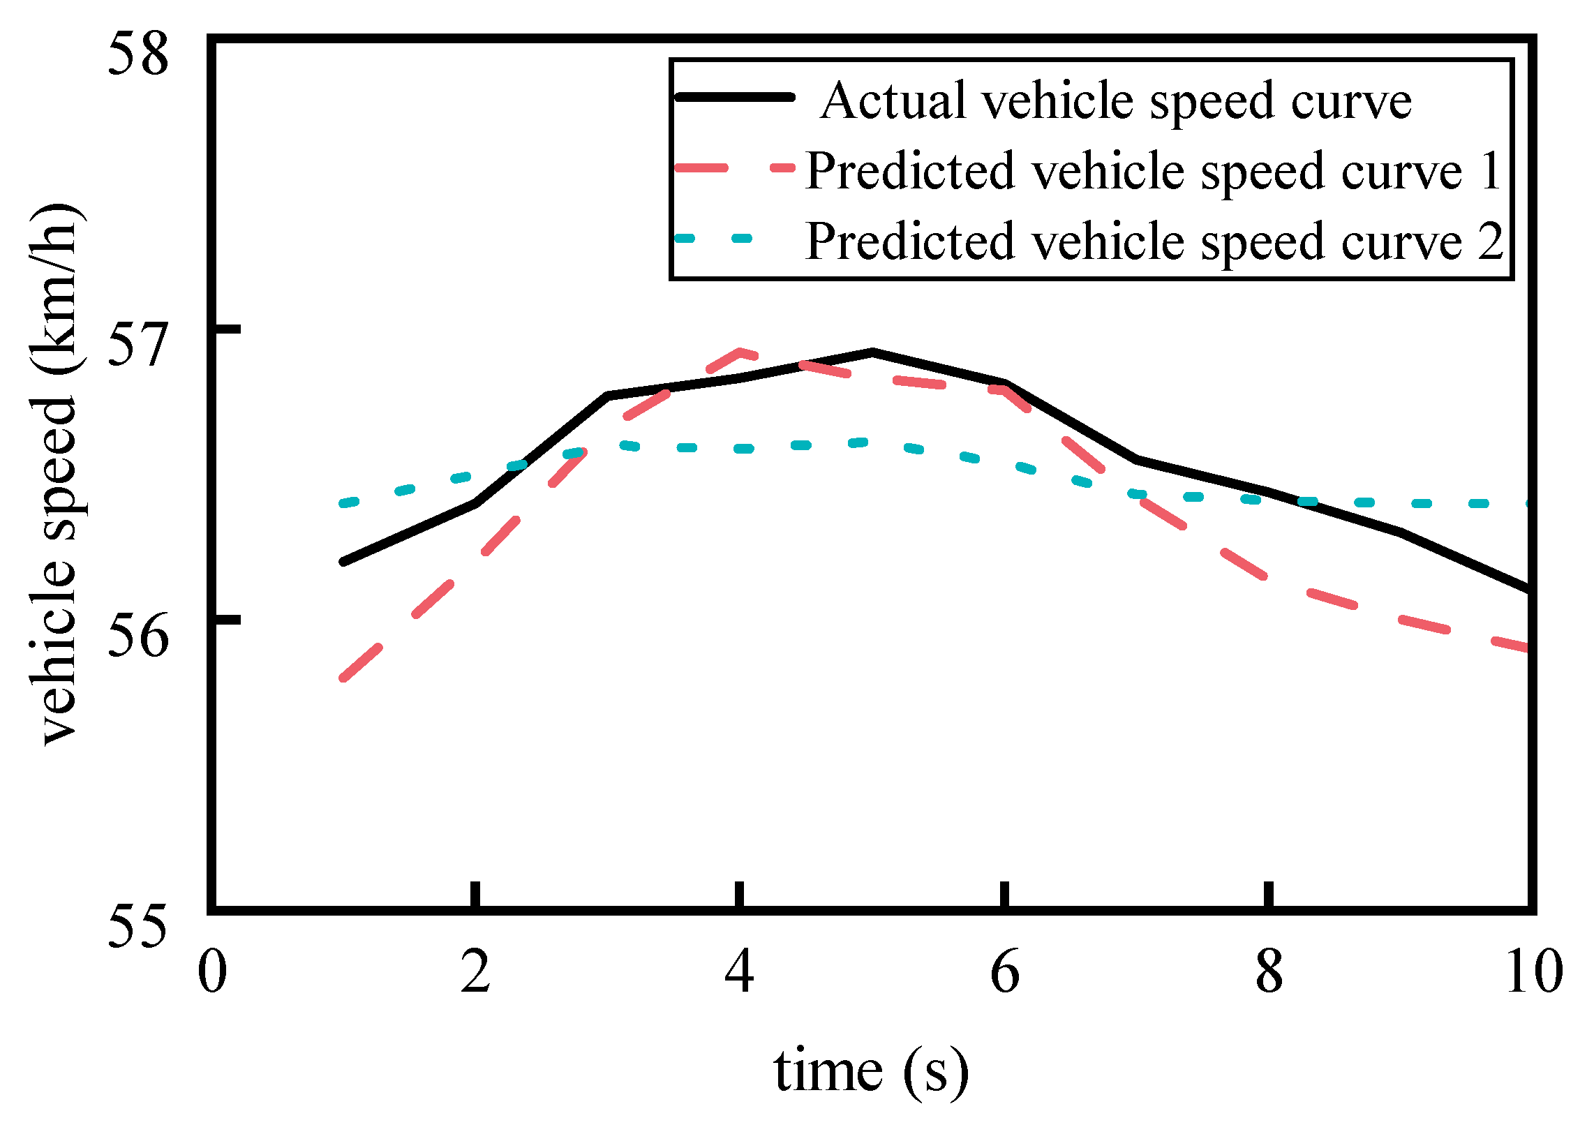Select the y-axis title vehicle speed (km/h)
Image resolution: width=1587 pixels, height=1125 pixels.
59,475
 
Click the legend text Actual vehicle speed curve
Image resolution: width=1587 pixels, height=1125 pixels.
1115,101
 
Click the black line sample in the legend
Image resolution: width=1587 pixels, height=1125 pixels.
735,98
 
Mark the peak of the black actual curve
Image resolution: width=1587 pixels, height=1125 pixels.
872,352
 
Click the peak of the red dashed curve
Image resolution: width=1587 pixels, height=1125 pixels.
740,351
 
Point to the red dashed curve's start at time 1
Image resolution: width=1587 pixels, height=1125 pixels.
342,678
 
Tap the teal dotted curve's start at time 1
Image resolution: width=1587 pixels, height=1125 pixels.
342,504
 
